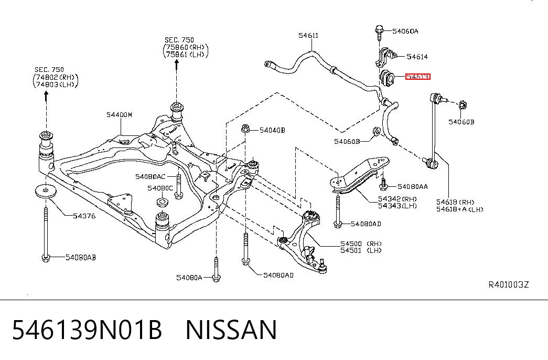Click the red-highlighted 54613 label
coord(417,77)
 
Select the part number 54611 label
coord(308,35)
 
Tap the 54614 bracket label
coord(417,57)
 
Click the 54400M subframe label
coord(120,115)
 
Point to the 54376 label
coord(84,216)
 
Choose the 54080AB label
coord(81,258)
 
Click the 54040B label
coord(272,131)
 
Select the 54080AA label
coord(412,187)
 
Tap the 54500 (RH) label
coord(361,244)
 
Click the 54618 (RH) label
coord(455,202)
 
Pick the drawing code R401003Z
coord(509,284)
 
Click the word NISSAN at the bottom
coord(231,330)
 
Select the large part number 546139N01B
coord(88,330)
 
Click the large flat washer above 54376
coord(46,190)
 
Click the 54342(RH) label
coord(397,199)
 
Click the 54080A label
coord(189,278)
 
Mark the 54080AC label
coord(151,177)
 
